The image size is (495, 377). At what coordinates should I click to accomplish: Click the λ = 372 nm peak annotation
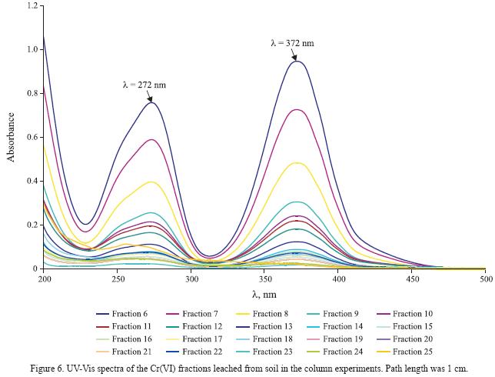(292, 43)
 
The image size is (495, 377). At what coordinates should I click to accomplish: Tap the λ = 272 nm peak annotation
(144, 85)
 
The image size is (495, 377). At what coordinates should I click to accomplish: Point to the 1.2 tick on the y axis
(32, 6)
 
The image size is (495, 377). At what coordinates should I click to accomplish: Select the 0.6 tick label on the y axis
(32, 138)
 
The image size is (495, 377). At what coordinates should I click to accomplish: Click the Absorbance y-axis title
(12, 137)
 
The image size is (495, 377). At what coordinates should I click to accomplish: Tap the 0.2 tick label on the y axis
(32, 225)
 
